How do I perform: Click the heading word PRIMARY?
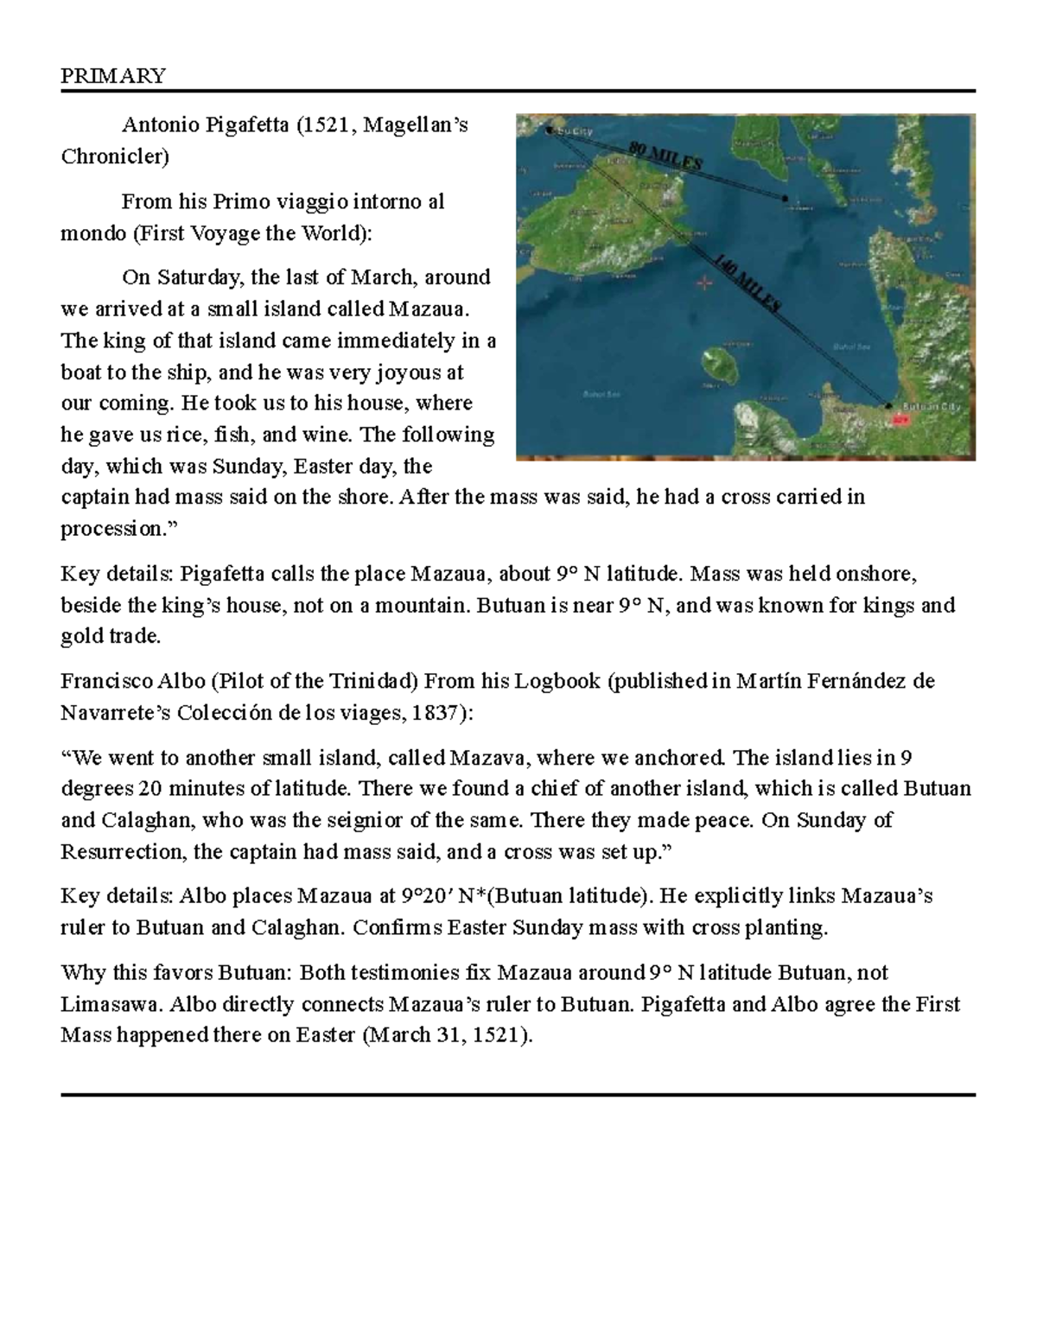click(112, 76)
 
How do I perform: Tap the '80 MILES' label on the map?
click(665, 157)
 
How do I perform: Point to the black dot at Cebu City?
click(550, 130)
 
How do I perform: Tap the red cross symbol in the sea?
click(704, 282)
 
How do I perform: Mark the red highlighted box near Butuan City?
click(900, 419)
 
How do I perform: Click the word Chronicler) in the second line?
click(115, 156)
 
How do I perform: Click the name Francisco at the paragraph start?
click(101, 681)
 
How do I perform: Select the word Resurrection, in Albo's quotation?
click(124, 852)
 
